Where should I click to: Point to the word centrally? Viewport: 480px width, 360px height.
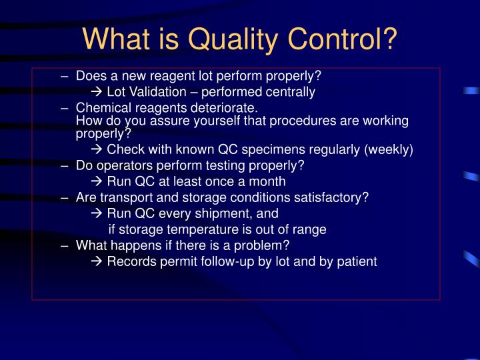coord(287,92)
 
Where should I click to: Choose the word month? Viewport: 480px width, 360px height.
coord(267,181)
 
